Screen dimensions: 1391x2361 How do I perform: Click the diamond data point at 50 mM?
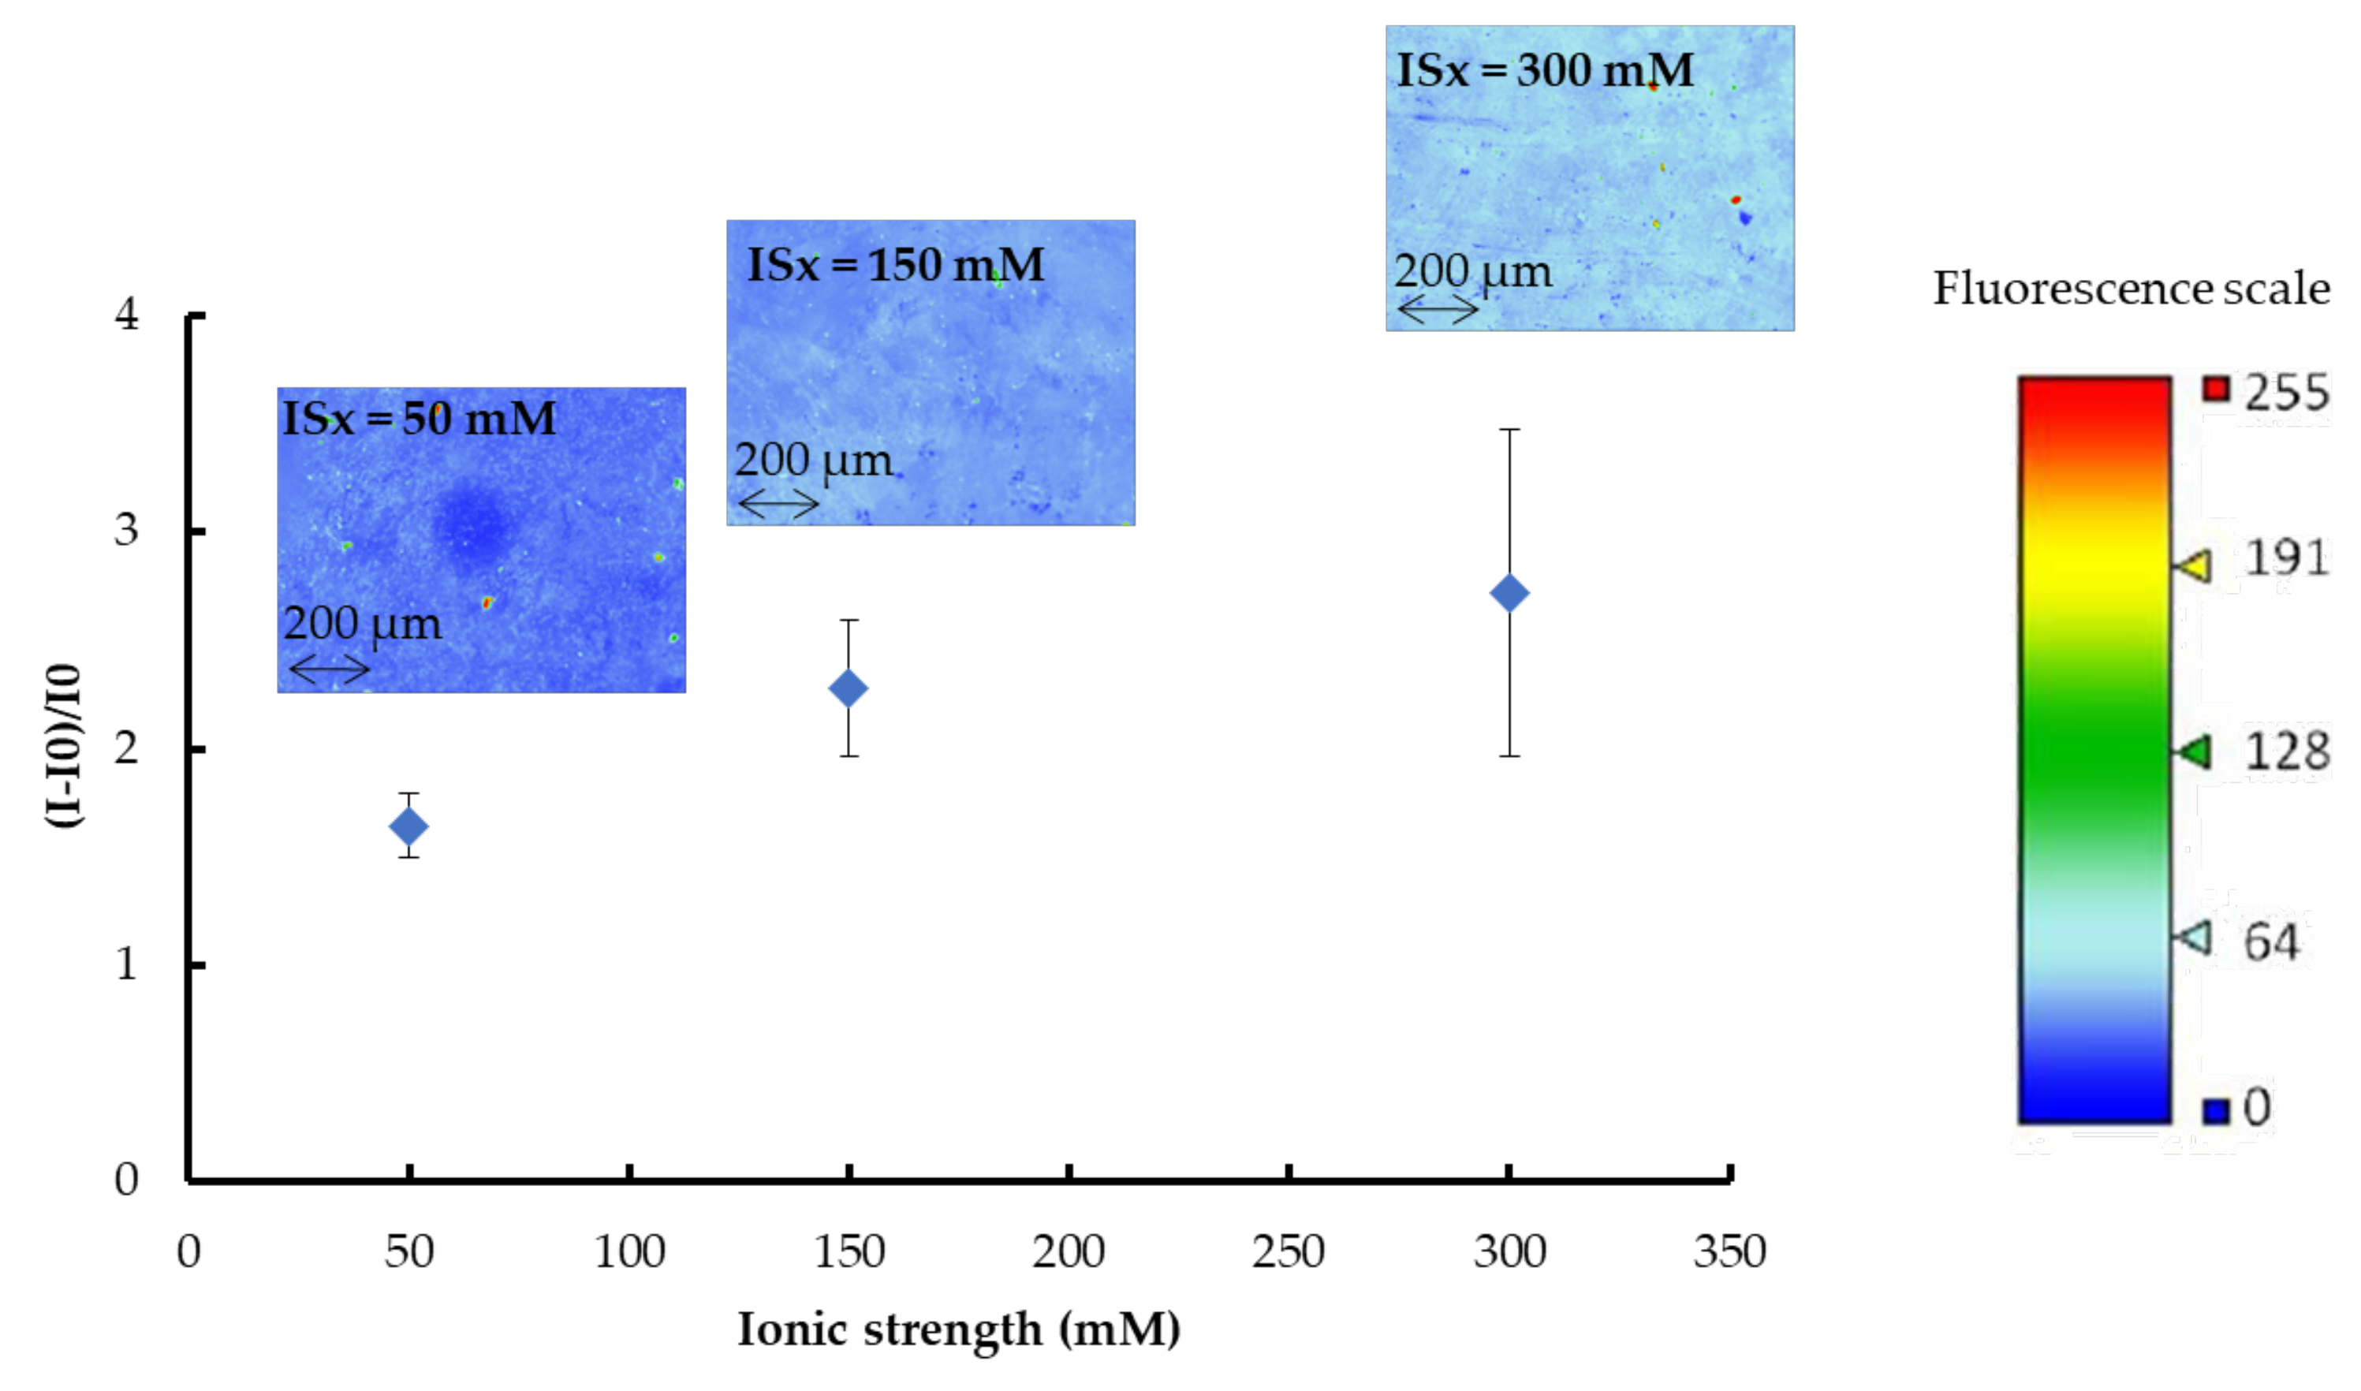(x=408, y=826)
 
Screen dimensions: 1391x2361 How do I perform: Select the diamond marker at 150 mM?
(x=849, y=689)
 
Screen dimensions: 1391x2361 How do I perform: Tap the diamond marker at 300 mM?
(x=1509, y=592)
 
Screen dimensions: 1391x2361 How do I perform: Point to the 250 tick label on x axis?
(x=1288, y=1251)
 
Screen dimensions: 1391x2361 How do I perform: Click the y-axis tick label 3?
(x=126, y=531)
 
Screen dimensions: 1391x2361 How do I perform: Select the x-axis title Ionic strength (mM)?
(x=959, y=1329)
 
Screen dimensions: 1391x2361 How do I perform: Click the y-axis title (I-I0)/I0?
(x=65, y=746)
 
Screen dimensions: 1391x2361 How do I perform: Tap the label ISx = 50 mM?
(x=419, y=418)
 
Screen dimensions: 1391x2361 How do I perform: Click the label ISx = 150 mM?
(x=895, y=265)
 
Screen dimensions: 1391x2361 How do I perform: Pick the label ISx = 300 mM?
(x=1545, y=70)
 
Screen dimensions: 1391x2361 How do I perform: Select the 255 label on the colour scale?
(x=2285, y=391)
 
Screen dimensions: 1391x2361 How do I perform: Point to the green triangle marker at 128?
(x=2193, y=751)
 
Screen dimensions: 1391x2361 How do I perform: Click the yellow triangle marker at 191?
(x=2193, y=566)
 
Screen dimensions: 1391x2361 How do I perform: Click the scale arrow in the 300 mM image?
(x=1437, y=309)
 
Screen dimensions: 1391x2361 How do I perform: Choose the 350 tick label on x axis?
(x=1729, y=1251)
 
